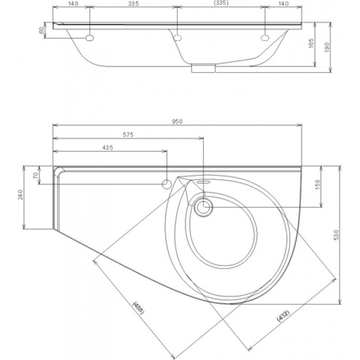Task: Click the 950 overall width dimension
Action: click(x=177, y=121)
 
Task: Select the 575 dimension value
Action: click(x=128, y=135)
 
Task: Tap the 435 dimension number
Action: click(x=108, y=148)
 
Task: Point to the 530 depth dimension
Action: click(x=336, y=234)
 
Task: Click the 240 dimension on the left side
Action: click(x=20, y=195)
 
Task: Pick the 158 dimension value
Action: click(x=317, y=185)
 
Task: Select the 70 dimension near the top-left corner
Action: click(x=36, y=175)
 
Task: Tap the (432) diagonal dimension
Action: click(x=284, y=316)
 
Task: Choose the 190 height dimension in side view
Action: click(x=327, y=47)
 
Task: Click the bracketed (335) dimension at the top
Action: click(x=221, y=3)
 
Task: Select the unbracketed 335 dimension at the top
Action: click(x=133, y=4)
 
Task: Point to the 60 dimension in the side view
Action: click(x=41, y=30)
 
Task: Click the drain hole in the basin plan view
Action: click(x=204, y=207)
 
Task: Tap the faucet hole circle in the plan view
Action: click(x=166, y=184)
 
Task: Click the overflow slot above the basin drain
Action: click(x=203, y=182)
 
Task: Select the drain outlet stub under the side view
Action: click(x=203, y=68)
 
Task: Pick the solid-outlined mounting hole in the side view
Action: click(x=90, y=38)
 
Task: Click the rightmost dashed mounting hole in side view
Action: click(x=265, y=38)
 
